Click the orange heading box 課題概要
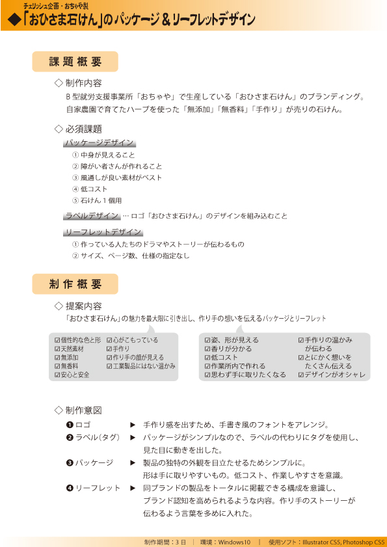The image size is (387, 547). tap(75, 62)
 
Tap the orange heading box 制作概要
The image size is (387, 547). tap(75, 284)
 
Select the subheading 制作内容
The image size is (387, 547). tap(83, 83)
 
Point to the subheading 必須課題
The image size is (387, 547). tap(83, 129)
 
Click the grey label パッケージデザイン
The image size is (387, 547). tap(100, 143)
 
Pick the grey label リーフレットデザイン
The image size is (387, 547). tap(103, 232)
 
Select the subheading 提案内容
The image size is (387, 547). tap(83, 306)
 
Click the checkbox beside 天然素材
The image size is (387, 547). tap(57, 349)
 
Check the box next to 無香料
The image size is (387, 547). tap(57, 366)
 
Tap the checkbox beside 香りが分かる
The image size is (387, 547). tap(207, 349)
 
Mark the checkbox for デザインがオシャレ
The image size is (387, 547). tap(301, 375)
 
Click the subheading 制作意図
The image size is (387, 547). tap(83, 410)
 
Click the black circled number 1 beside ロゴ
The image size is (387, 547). tap(69, 425)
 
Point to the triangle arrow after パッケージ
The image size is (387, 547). tap(133, 463)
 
